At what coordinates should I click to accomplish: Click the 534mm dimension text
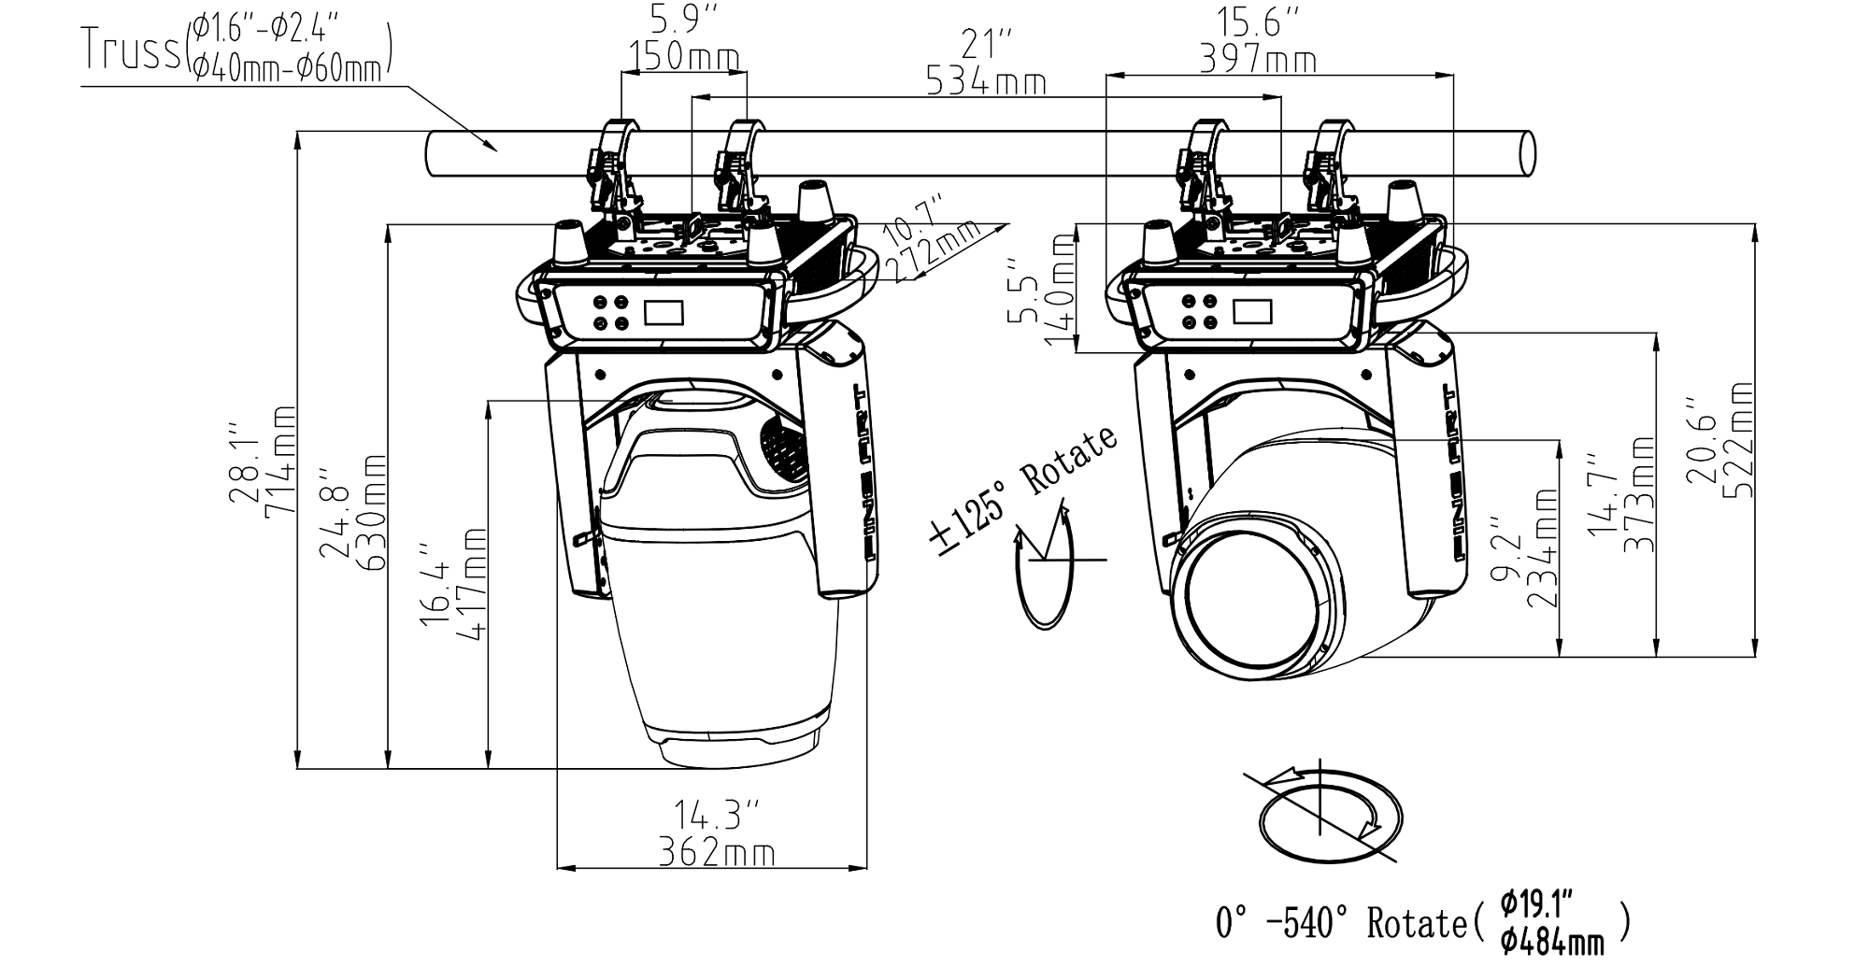coord(986,82)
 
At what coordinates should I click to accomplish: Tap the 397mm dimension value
coord(1258,61)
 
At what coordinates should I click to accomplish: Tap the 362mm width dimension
coord(716,852)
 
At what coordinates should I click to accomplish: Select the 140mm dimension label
coord(1058,290)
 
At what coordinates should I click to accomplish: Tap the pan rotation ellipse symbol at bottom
coord(1330,817)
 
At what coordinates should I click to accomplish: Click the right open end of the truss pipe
coord(1525,153)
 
